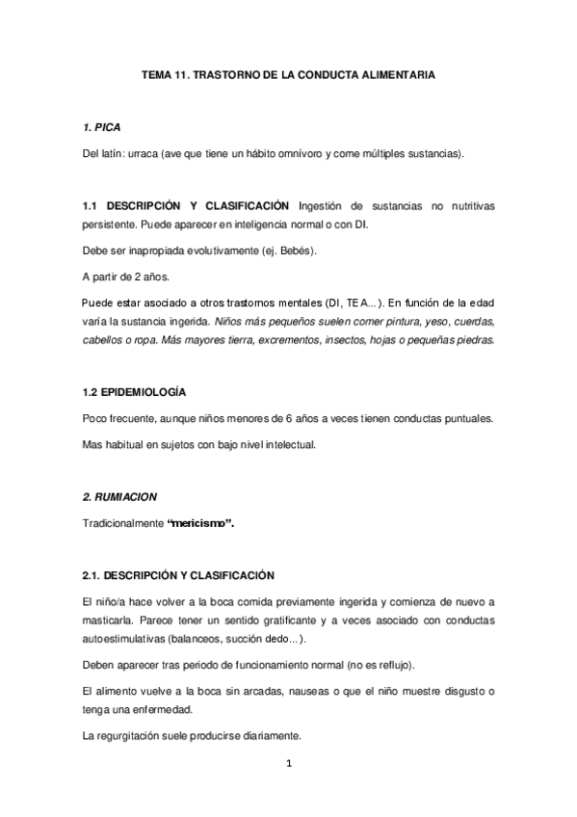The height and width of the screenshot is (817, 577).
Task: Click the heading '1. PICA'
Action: pyautogui.click(x=101, y=127)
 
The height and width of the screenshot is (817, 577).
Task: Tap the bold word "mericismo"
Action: pyautogui.click(x=199, y=523)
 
